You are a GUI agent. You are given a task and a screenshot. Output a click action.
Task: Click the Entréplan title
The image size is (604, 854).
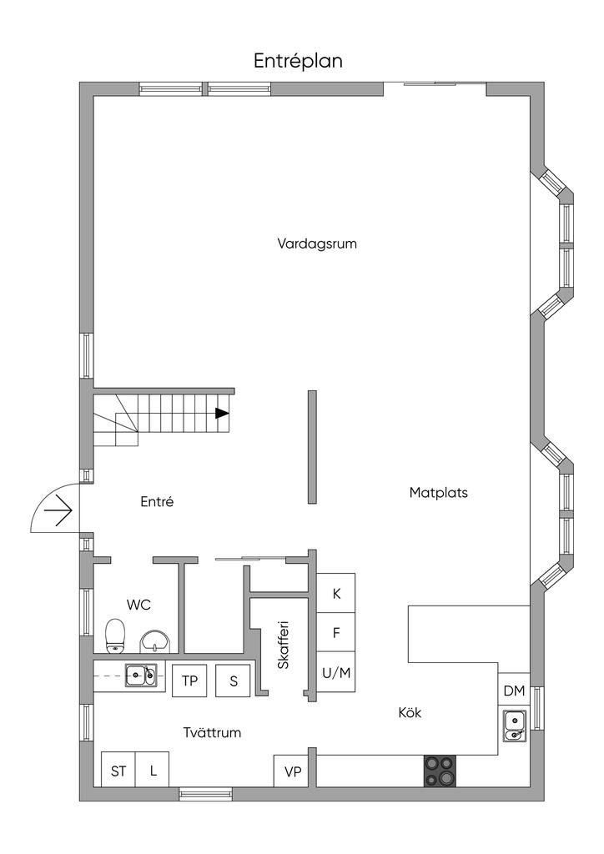tap(298, 61)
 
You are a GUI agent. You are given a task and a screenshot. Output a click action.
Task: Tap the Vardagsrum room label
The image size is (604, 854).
tap(317, 244)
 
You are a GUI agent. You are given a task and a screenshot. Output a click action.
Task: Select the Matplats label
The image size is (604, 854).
tap(439, 493)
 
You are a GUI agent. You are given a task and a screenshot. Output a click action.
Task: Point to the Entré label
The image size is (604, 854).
tap(157, 501)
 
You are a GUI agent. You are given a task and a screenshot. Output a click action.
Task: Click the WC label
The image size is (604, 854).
tap(138, 605)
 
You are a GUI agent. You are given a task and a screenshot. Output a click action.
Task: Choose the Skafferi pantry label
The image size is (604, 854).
tap(283, 645)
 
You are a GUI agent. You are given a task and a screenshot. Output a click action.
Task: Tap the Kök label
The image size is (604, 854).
tap(410, 712)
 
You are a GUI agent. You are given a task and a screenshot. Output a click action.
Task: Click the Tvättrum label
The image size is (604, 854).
tap(212, 732)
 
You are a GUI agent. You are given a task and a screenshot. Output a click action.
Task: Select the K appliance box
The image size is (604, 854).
tap(336, 593)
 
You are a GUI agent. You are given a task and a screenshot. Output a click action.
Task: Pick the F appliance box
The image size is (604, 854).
tap(336, 632)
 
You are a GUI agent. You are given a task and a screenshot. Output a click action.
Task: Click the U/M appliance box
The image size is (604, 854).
tap(336, 672)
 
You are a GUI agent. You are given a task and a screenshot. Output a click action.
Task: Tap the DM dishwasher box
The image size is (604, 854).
tap(514, 691)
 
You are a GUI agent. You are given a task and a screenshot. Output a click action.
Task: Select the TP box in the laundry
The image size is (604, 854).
tap(189, 681)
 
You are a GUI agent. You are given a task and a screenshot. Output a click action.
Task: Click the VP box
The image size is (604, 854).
tap(293, 771)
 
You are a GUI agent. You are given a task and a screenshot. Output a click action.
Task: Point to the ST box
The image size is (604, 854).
tap(118, 770)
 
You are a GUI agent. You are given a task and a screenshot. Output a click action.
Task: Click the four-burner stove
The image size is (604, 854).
tap(440, 771)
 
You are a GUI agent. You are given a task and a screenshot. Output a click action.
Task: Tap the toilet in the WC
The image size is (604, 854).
tap(115, 635)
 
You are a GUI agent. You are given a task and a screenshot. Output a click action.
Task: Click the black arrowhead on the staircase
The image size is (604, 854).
tap(222, 414)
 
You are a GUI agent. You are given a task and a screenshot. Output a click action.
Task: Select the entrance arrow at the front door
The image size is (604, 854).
tap(58, 511)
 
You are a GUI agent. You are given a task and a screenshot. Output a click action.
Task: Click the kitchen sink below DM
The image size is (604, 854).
tap(514, 726)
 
